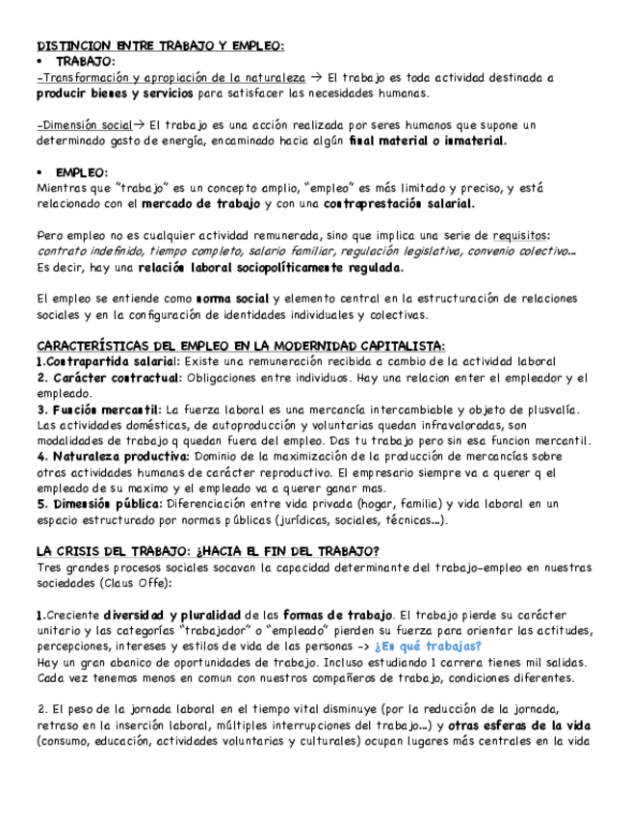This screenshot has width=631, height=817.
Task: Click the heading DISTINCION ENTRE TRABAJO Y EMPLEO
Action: pyautogui.click(x=160, y=45)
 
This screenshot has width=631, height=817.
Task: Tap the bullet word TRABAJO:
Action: pyautogui.click(x=86, y=61)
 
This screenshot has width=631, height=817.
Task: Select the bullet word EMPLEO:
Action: pyautogui.click(x=81, y=171)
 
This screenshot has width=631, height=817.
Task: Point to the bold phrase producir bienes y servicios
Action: pyautogui.click(x=114, y=93)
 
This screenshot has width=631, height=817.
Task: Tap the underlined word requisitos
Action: pyautogui.click(x=521, y=235)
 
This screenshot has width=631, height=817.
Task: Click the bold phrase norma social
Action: pyautogui.click(x=232, y=299)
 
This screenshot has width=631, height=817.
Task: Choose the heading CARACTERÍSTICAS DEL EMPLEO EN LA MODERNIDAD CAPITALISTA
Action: pyautogui.click(x=240, y=346)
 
